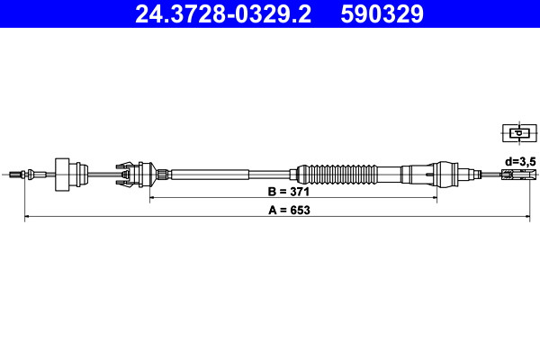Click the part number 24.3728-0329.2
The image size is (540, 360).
(x=223, y=14)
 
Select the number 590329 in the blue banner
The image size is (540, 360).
(x=382, y=14)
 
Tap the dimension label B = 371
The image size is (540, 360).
(x=289, y=192)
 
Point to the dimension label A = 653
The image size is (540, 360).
(x=289, y=210)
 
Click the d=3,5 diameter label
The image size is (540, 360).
(x=520, y=161)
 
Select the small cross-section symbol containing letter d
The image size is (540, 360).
(x=519, y=133)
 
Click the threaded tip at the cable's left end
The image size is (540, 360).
(x=15, y=175)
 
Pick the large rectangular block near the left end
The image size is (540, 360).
(x=62, y=175)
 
